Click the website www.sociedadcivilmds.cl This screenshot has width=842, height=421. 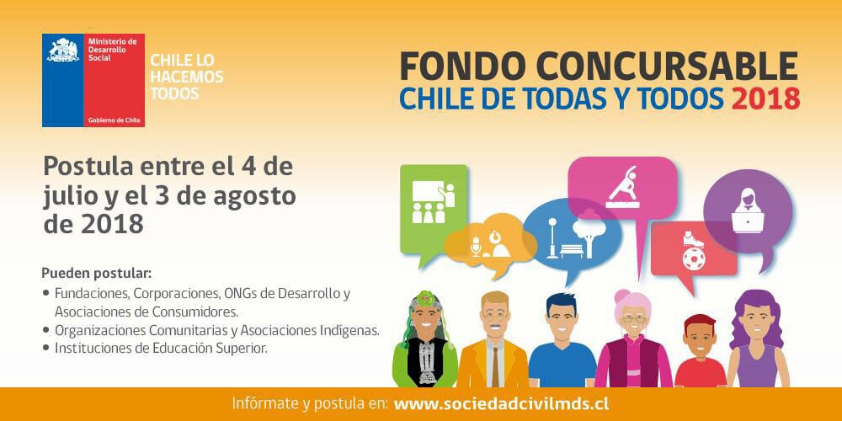[x=501, y=404]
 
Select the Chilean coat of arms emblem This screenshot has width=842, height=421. [x=63, y=50]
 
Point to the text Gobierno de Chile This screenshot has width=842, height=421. [x=114, y=120]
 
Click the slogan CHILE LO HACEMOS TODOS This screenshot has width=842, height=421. [x=186, y=77]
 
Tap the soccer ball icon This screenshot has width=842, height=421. [x=694, y=258]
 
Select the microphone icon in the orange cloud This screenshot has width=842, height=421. [x=475, y=246]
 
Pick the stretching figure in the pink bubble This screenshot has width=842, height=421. [x=623, y=186]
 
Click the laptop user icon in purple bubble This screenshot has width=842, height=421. [x=748, y=210]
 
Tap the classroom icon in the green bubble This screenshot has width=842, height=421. [x=433, y=202]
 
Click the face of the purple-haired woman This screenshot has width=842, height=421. [x=754, y=324]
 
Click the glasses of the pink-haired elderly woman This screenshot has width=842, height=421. [x=634, y=319]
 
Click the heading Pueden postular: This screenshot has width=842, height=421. [x=97, y=274]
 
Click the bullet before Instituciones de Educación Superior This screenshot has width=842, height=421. [x=45, y=348]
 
